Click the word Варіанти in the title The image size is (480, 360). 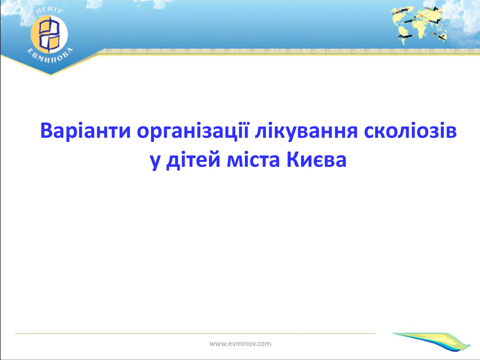click(85, 131)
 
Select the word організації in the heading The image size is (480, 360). click(193, 132)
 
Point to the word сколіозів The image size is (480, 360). click(410, 131)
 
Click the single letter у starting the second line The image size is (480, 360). click(155, 162)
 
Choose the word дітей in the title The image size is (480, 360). click(193, 160)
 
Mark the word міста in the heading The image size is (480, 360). click(253, 160)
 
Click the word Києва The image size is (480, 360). click(316, 160)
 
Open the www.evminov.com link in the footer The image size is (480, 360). click(240, 344)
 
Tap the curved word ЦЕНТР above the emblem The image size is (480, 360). click(49, 11)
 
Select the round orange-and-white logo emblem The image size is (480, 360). click(49, 34)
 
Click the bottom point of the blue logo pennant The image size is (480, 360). click(51, 74)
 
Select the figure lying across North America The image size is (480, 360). click(400, 12)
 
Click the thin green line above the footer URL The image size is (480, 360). click(195, 333)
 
